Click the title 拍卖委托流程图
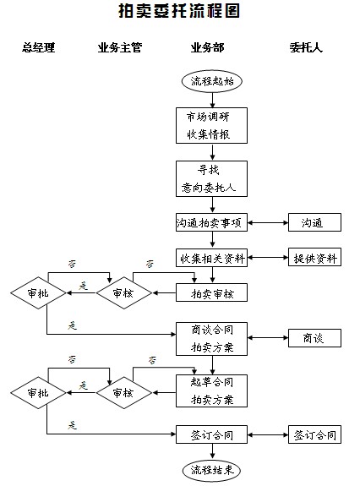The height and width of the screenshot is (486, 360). coord(179,12)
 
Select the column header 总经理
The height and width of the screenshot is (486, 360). coord(38,47)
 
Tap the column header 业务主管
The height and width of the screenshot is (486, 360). coord(119,47)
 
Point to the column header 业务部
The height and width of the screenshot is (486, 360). coord(208,47)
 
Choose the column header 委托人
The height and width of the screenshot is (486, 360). coord(306,47)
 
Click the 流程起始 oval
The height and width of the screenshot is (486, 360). coord(211,82)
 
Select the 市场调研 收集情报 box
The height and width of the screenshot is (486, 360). coord(211,126)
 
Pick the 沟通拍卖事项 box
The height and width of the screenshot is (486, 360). coord(211,223)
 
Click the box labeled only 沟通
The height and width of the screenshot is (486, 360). coord(314,223)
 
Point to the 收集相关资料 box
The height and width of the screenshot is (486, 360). coord(211,258)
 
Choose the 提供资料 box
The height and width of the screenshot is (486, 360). coord(314,258)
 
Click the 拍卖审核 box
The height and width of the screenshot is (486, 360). coord(211,293)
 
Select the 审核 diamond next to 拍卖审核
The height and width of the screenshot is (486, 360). coord(123,293)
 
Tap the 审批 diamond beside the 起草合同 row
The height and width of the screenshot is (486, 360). coord(38,393)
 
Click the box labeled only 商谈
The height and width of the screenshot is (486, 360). coord(314,338)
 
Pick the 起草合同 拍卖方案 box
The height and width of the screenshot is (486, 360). coord(211,390)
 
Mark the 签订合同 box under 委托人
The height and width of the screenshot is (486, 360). coord(314,435)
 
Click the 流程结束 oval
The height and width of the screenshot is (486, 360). coord(211,469)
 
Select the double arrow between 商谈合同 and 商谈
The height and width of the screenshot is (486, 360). coord(268,338)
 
